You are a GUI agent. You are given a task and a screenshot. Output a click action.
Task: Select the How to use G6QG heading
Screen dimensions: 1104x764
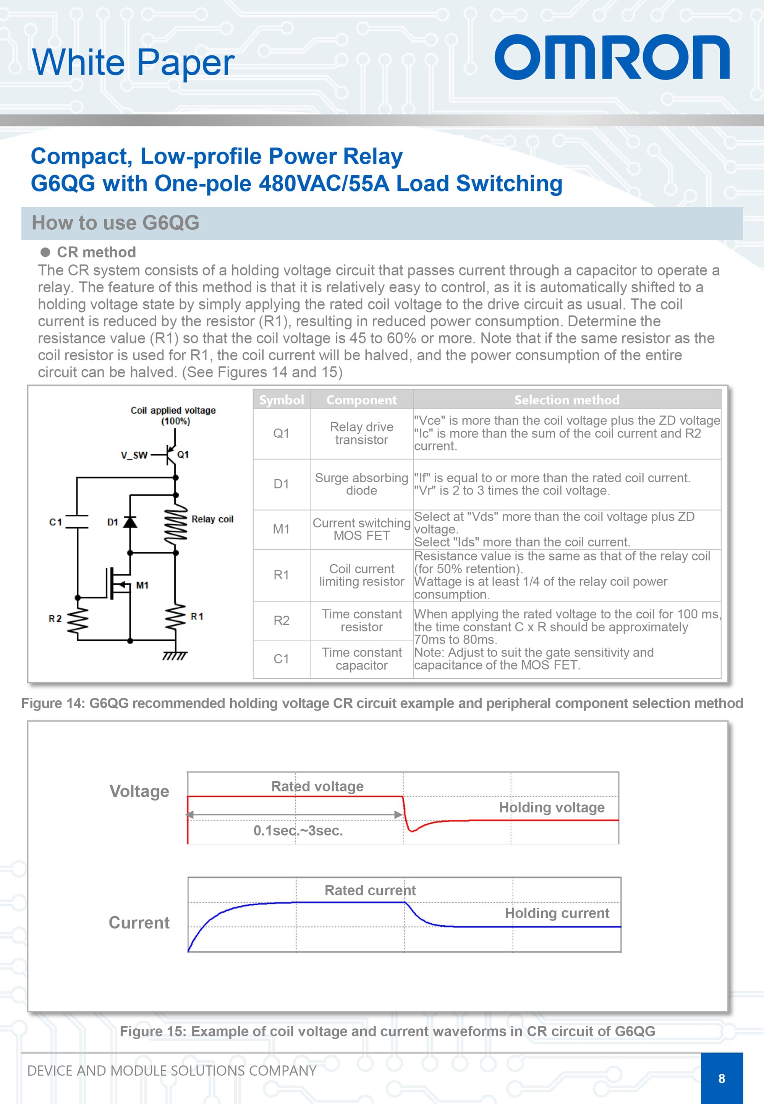115,223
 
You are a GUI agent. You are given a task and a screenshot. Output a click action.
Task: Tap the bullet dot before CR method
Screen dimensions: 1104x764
45,252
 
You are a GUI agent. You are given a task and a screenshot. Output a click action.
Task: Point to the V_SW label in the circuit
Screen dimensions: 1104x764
134,455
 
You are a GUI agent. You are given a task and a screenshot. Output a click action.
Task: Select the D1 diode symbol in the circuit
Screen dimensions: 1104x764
130,522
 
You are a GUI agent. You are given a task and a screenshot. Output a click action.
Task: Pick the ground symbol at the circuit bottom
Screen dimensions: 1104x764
175,655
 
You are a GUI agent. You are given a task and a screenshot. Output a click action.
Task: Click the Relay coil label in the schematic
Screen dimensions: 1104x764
212,519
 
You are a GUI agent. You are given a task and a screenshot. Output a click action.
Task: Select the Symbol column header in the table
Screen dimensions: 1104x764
281,399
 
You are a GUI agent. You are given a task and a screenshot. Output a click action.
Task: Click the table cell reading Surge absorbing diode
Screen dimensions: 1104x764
361,484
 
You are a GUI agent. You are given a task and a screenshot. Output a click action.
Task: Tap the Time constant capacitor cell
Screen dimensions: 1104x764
361,658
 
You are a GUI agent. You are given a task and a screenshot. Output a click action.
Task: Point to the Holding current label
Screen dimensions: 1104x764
557,913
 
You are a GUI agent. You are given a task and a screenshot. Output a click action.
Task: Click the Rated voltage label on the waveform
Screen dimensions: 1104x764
317,786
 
